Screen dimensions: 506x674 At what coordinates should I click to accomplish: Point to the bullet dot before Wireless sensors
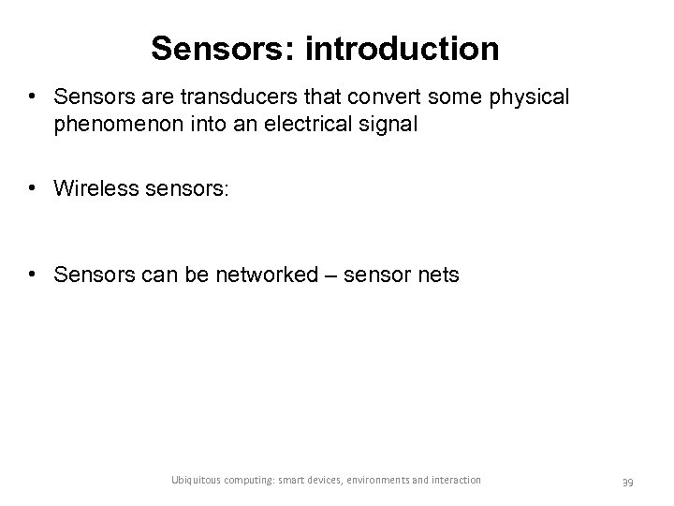coord(34,187)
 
